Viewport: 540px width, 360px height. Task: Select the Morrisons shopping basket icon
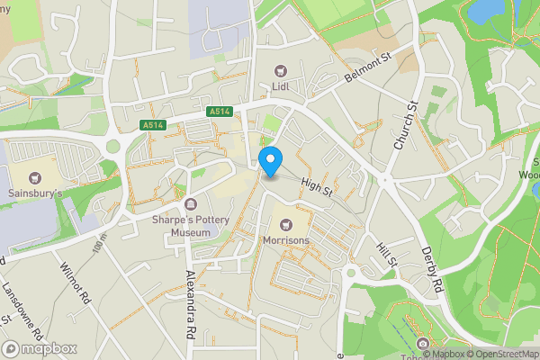tap(285, 223)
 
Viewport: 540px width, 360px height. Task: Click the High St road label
tap(317, 187)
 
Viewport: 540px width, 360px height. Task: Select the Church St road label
tap(407, 126)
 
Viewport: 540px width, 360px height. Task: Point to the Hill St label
tap(387, 252)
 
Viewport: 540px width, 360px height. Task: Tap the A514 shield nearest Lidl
tap(220, 112)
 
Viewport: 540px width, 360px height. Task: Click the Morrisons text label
tap(285, 241)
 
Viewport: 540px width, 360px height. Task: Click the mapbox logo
tap(40, 347)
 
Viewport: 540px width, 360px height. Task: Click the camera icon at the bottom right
tap(423, 342)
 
